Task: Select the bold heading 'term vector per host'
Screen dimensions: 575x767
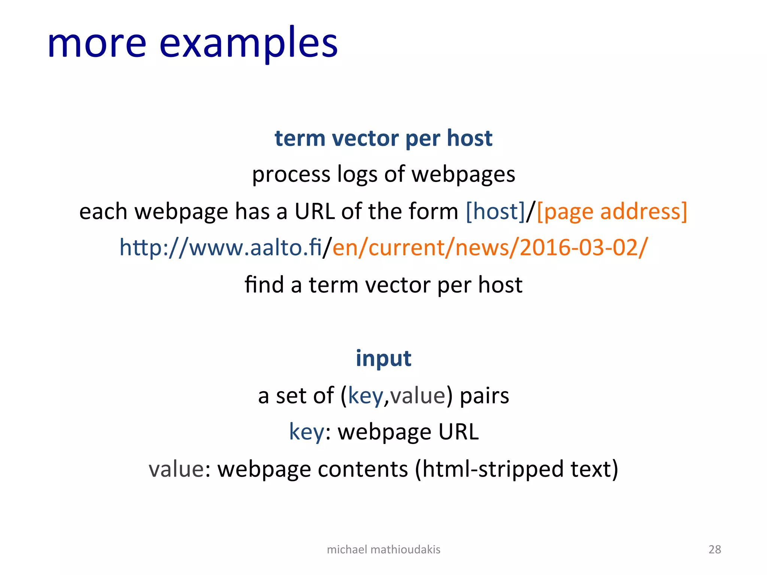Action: coord(383,138)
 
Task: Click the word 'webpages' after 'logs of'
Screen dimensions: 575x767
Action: coord(463,174)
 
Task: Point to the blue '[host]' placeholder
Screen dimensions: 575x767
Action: coord(495,211)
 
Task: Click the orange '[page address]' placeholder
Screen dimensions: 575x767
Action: coord(612,211)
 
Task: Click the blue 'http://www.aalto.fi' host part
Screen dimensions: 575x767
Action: coord(220,248)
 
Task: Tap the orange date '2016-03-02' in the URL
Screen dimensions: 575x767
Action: coord(580,248)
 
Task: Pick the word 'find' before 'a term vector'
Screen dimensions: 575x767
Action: coord(264,285)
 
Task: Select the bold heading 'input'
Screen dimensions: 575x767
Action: coord(383,358)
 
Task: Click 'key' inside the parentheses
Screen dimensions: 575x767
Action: coord(365,396)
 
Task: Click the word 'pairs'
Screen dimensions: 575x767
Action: coord(484,396)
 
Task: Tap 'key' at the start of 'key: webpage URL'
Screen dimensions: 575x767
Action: coord(306,432)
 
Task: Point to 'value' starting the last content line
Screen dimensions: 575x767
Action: coord(176,469)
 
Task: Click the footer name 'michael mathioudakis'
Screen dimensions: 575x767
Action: coord(383,550)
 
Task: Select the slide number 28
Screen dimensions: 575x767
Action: coord(715,550)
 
